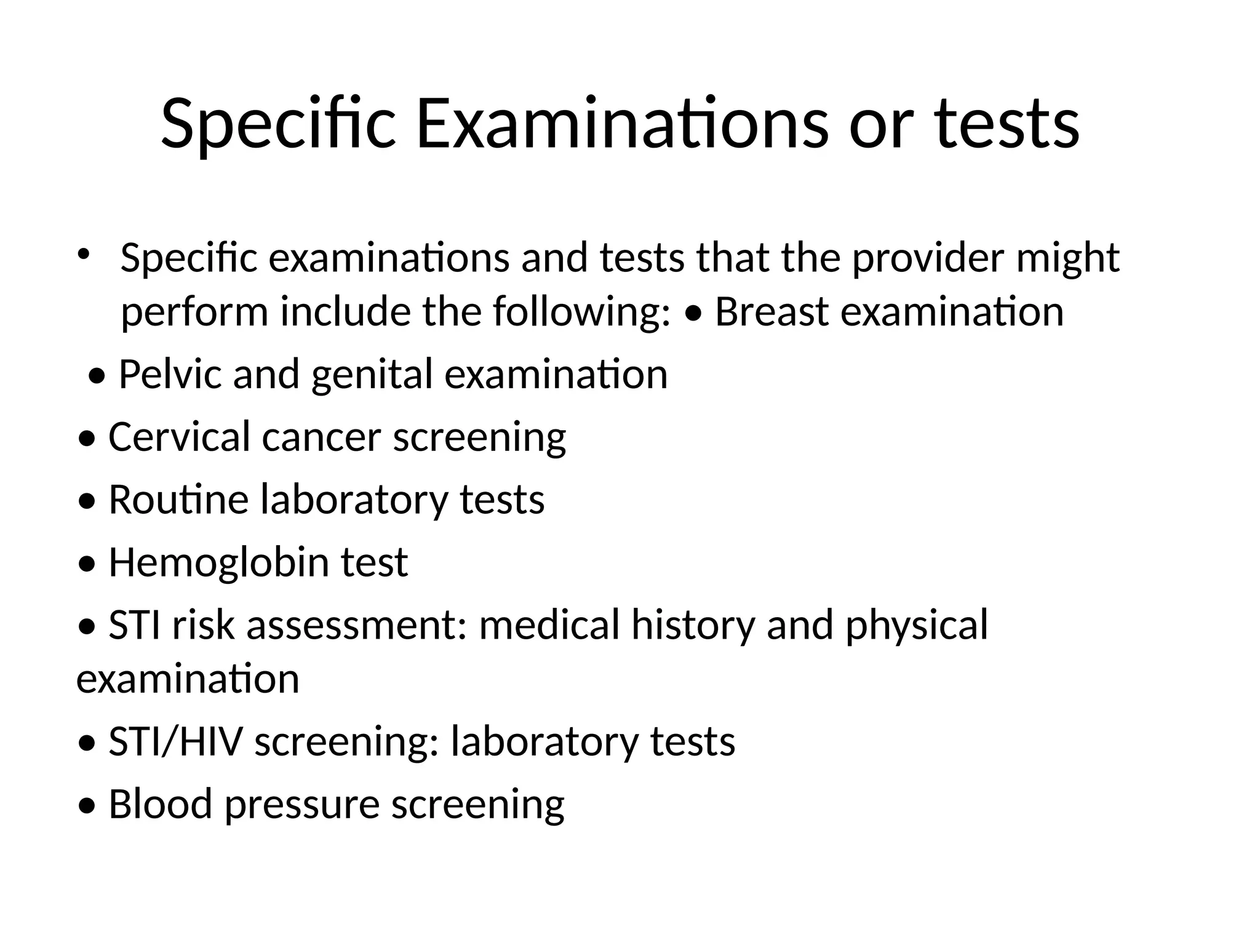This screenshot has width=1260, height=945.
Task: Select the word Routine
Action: pyautogui.click(x=178, y=499)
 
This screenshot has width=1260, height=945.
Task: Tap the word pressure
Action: pyautogui.click(x=302, y=806)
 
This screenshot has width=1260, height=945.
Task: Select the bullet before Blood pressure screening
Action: pyautogui.click(x=87, y=806)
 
